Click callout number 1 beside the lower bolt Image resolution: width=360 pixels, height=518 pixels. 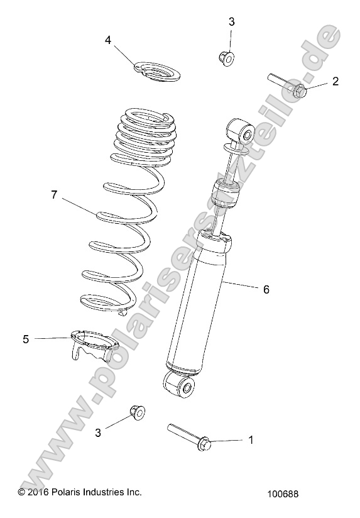coord(251,440)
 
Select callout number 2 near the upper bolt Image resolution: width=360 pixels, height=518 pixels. coord(335,80)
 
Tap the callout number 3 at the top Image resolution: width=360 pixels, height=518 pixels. coord(231,21)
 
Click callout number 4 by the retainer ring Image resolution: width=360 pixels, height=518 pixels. coord(108,40)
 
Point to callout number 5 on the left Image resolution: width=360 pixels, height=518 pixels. coord(26,339)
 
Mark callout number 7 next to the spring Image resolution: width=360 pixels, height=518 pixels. coord(54,195)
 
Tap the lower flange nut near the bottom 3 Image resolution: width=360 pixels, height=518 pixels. coord(136,412)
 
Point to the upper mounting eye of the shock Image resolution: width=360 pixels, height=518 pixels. coord(243,134)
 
